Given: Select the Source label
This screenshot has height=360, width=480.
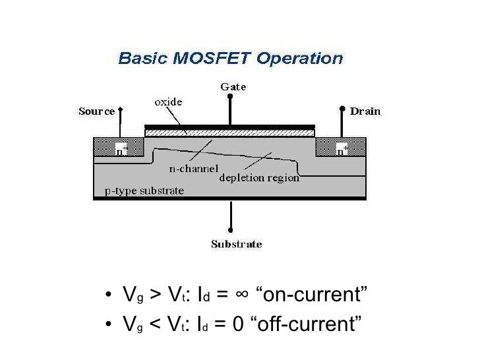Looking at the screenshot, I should (97, 111).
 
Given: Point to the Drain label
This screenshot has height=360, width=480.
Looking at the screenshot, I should (365, 111).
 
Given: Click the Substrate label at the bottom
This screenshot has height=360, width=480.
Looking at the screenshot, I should (236, 245).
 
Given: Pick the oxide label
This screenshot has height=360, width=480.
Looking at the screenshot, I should (168, 102).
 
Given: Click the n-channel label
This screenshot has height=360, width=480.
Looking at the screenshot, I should (193, 169).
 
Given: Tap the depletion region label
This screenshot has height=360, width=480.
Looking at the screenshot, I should (259, 177).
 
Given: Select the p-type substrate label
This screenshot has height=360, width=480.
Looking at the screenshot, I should (145, 191).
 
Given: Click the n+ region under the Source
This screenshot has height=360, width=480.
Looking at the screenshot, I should (121, 150).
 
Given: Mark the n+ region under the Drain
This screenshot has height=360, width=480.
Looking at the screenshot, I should (342, 149).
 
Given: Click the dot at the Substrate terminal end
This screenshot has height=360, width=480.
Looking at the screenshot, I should (230, 231).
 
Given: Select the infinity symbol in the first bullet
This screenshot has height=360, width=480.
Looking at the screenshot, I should (242, 294).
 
